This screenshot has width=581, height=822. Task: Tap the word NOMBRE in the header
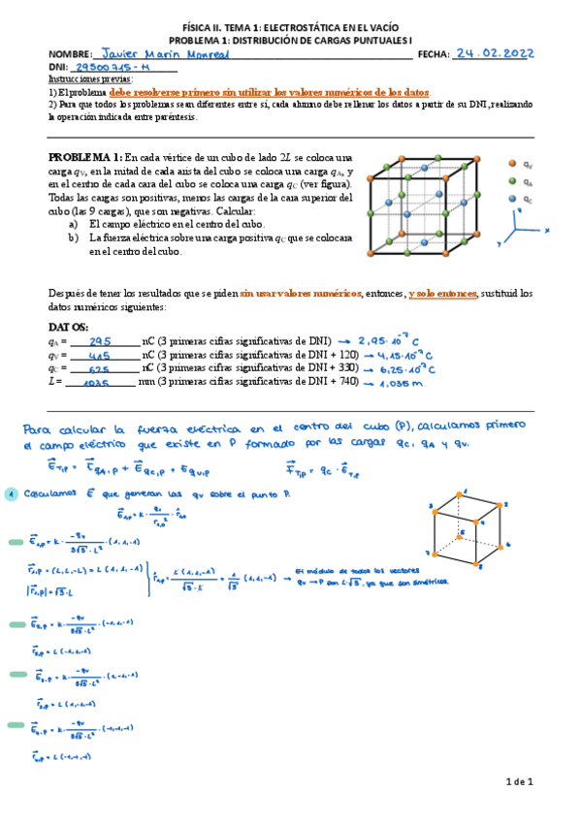pos(69,55)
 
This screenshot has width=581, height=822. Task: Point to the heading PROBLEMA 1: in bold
pos(85,158)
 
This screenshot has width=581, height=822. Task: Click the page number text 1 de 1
pos(520,781)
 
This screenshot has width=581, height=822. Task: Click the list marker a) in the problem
pos(73,223)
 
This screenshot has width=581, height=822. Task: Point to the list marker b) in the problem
pos(73,237)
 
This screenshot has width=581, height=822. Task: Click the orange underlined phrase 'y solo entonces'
pos(442,293)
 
